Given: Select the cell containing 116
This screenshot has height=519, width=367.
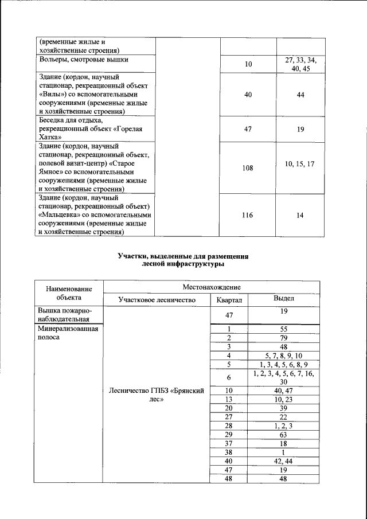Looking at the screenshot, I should pyautogui.click(x=248, y=215).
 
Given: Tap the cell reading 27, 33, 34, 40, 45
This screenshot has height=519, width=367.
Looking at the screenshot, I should pyautogui.click(x=300, y=64).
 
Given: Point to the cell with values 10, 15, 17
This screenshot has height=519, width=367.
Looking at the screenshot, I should pyautogui.click(x=300, y=164).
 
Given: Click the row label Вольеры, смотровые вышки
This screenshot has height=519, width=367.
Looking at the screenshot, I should pyautogui.click(x=84, y=59).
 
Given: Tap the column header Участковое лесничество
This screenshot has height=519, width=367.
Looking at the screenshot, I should pyautogui.click(x=157, y=300).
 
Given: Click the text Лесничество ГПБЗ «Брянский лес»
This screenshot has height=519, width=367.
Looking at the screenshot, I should pyautogui.click(x=157, y=395).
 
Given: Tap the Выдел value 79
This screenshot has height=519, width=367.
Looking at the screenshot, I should pyautogui.click(x=283, y=338).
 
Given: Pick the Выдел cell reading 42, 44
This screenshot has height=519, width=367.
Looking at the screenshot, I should pyautogui.click(x=283, y=461).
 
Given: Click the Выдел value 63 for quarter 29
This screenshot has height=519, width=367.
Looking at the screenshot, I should pyautogui.click(x=283, y=435).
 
